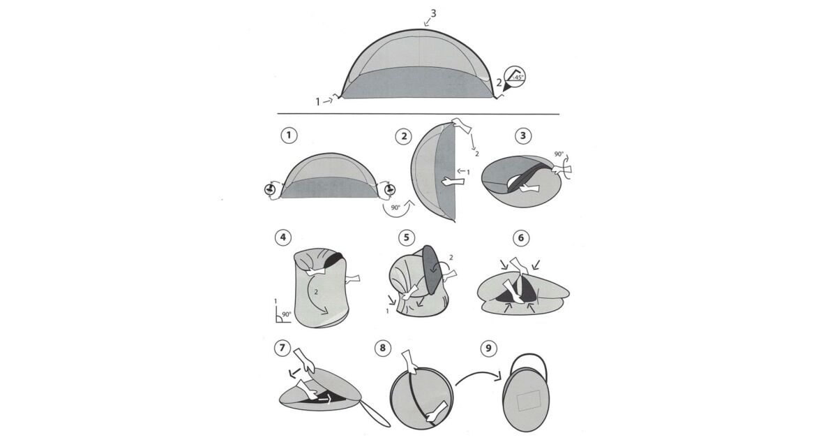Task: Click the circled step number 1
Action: point(289,135)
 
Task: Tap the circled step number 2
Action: point(404,136)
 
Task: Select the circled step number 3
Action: point(522,135)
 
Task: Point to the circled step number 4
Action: point(283,237)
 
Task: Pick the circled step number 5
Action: point(407,237)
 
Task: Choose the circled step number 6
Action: point(521,237)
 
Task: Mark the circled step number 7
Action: point(282,348)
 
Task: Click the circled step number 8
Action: point(383,348)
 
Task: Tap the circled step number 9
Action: point(488,349)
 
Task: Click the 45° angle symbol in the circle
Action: point(515,78)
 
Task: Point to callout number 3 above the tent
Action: point(433,13)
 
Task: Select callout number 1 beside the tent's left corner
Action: point(318,101)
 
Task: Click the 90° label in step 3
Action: point(559,154)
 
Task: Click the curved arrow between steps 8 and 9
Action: point(479,375)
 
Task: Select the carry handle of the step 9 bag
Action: point(530,353)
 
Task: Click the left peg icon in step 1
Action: point(270,190)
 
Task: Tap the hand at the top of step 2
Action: point(462,126)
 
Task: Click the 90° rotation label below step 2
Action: point(395,207)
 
